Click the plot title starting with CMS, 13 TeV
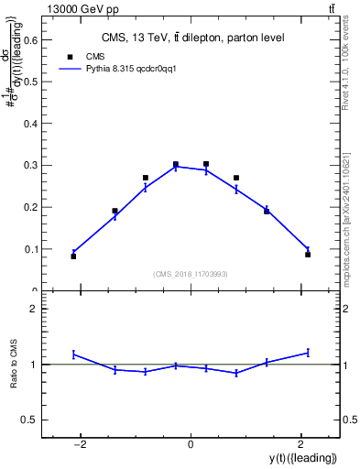pos(191,38)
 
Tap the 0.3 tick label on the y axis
pos(31,165)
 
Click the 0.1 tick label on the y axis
pos(31,249)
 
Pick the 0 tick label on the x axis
pos(191,445)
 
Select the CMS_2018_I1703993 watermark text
pos(191,274)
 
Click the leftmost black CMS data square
pos(73,256)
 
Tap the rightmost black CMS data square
pos(308,254)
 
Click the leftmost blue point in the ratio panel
pos(73,354)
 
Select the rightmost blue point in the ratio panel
pos(308,352)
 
